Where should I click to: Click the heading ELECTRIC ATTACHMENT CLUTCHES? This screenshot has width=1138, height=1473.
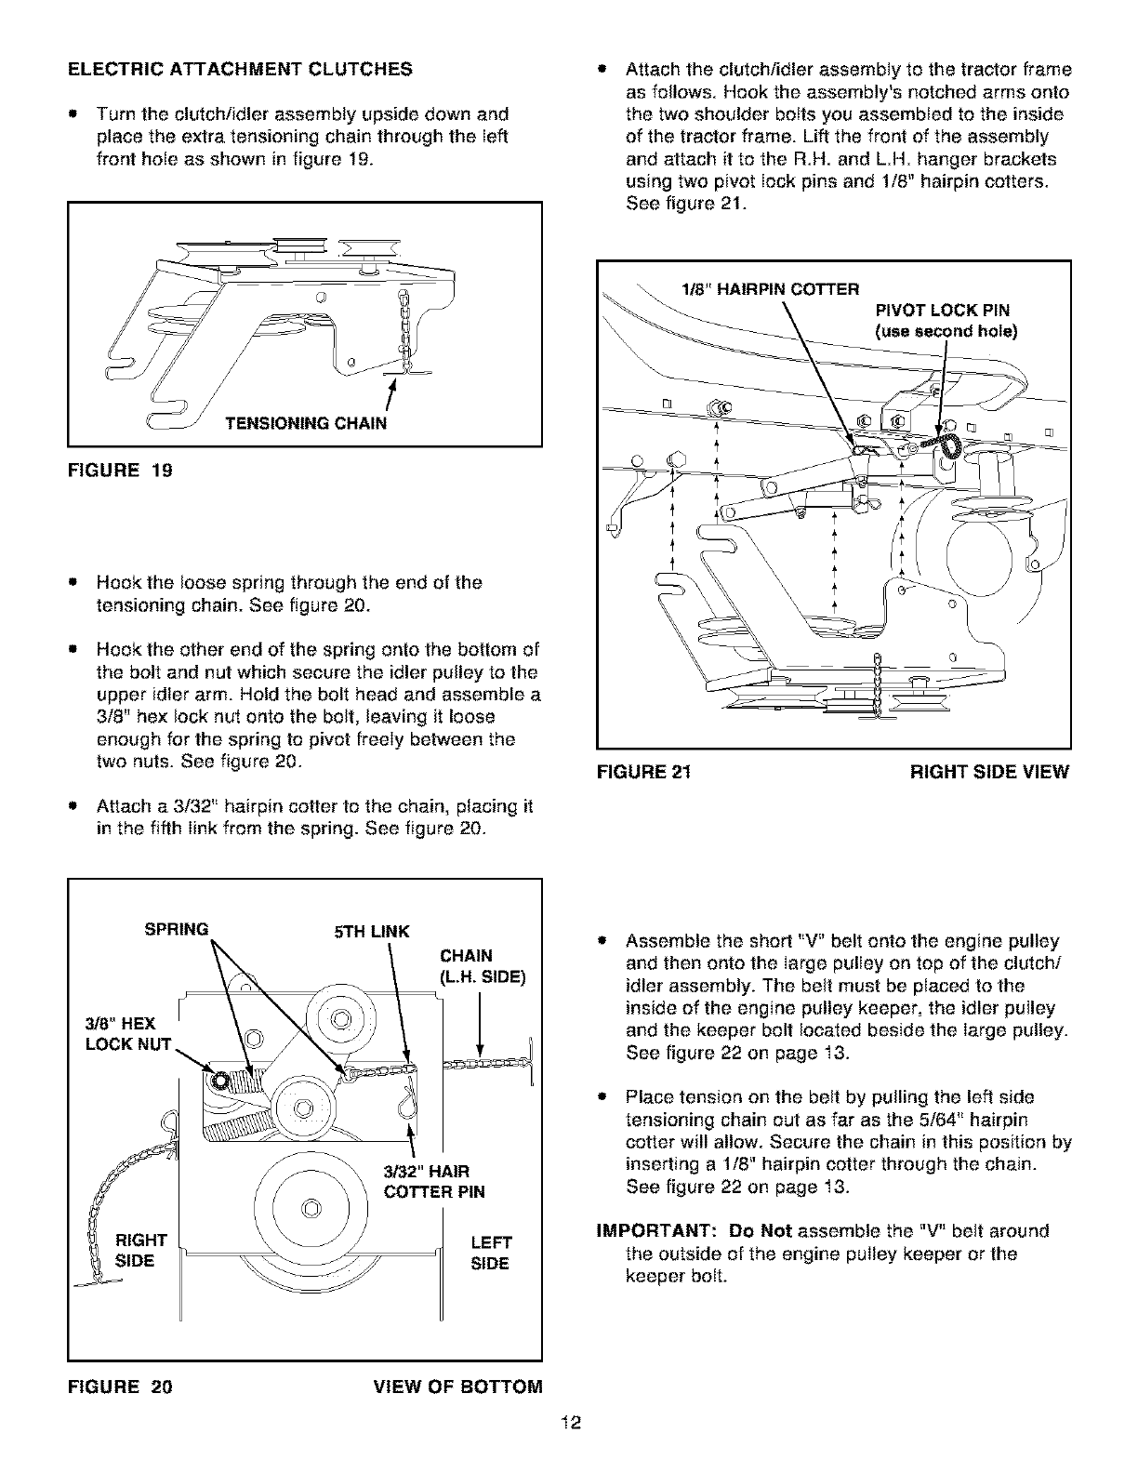(x=239, y=69)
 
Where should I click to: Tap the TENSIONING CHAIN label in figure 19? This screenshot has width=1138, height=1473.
(x=305, y=425)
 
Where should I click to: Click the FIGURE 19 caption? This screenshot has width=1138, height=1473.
(x=120, y=471)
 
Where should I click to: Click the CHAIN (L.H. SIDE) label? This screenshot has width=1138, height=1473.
(x=483, y=966)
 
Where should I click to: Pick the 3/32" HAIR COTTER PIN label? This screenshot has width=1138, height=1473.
(x=434, y=1180)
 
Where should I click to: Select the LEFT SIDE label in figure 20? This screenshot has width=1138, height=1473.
(x=491, y=1253)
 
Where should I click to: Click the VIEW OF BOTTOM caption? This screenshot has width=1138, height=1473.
(x=457, y=1387)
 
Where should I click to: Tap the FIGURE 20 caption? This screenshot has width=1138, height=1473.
(x=120, y=1387)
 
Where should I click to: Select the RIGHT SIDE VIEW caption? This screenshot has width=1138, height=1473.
(x=989, y=772)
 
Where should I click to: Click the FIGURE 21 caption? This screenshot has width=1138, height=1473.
(x=647, y=772)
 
